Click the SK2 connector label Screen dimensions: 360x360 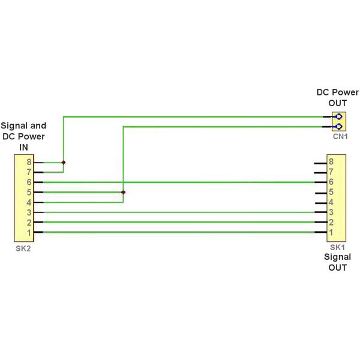click(23, 248)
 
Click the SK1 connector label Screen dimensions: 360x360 click(337, 247)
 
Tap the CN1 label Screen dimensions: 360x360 click(340, 136)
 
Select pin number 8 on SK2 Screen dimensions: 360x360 click(29, 162)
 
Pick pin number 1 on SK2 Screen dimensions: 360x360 click(29, 233)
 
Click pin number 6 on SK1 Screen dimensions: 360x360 click(331, 182)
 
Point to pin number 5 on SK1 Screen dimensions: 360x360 click(331, 192)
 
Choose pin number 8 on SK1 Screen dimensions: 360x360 click(331, 161)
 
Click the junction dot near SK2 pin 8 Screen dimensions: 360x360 click(64, 163)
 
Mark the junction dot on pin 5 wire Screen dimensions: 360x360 click(123, 192)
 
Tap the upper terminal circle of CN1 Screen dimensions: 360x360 click(339, 116)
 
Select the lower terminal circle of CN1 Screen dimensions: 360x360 click(339, 127)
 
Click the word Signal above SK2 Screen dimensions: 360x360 click(14, 126)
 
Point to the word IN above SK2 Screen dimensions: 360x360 click(23, 148)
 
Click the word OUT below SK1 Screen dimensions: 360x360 click(337, 268)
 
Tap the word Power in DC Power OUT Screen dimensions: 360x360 click(345, 92)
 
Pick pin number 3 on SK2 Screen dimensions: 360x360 click(29, 212)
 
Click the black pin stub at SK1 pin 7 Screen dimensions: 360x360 click(320, 173)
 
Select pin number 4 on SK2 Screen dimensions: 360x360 click(29, 203)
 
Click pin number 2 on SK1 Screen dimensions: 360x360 click(331, 222)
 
